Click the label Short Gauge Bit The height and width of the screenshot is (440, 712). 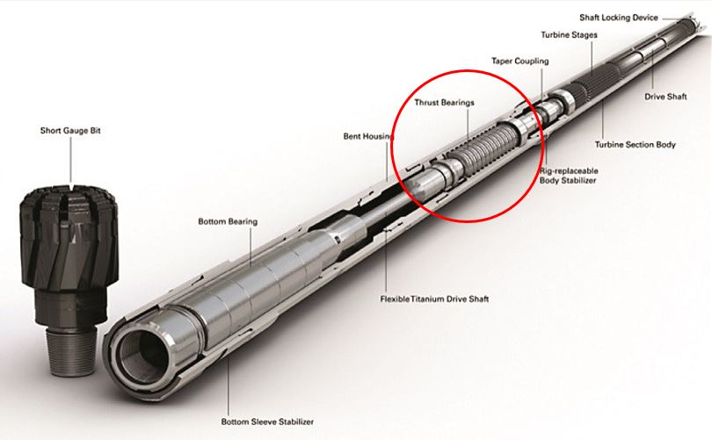[70, 131]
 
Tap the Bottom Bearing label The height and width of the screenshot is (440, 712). [228, 222]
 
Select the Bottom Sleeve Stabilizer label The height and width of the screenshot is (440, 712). [267, 422]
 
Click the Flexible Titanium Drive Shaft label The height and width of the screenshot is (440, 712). [434, 299]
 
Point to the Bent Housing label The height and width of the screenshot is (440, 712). [368, 136]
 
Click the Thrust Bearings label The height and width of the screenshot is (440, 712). [444, 103]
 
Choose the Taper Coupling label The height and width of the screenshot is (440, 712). [519, 61]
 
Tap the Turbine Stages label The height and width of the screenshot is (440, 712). [569, 35]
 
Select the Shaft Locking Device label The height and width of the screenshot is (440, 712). [619, 18]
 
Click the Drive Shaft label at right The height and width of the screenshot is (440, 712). [665, 97]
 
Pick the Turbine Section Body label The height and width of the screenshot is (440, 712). [636, 145]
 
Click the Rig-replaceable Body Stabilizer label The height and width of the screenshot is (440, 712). [569, 176]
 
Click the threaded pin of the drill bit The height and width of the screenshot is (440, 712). [72, 351]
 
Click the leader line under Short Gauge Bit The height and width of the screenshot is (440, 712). [71, 161]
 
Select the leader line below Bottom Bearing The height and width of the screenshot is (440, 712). [251, 246]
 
